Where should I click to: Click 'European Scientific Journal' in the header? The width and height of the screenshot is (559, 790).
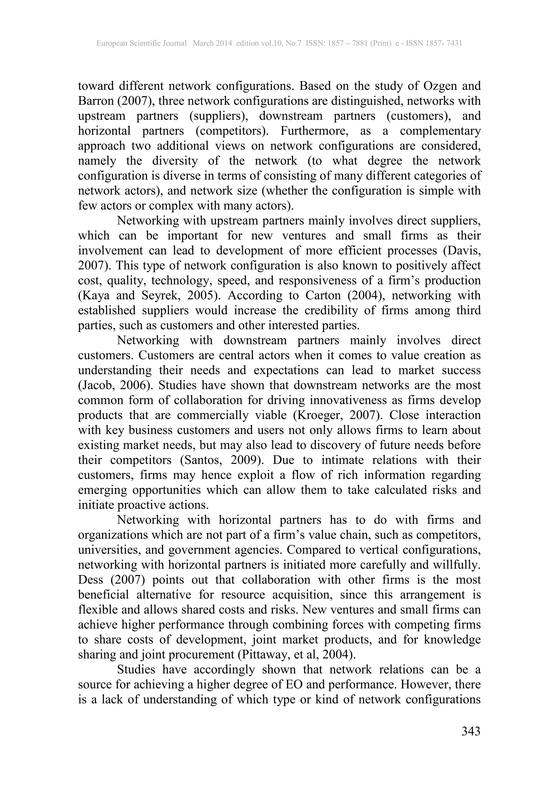(x=141, y=43)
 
